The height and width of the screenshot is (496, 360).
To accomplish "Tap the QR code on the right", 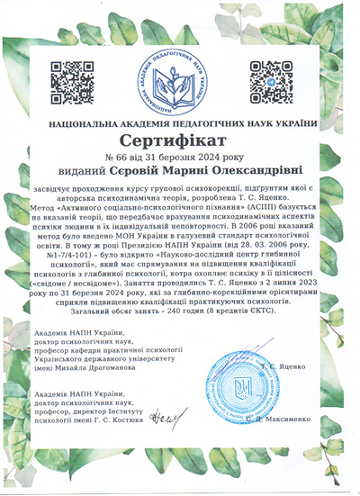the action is (271, 80).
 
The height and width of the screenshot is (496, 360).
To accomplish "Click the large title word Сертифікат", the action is (181, 141).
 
